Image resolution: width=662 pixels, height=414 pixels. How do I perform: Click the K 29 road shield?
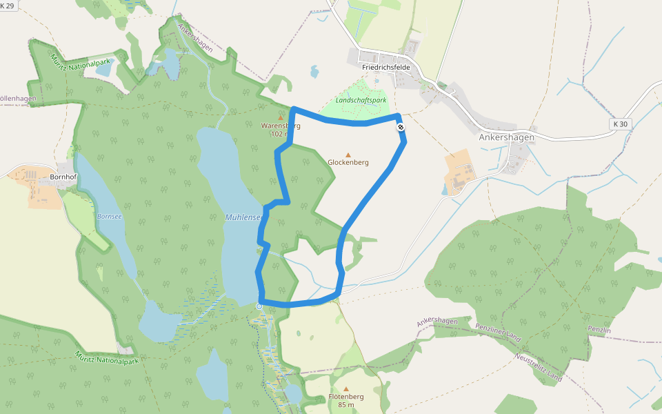tap(8, 4)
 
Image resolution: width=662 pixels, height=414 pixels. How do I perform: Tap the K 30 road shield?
tap(621, 124)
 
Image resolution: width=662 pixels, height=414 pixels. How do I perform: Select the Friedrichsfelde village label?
tap(386, 68)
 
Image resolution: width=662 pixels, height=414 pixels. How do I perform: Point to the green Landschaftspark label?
tap(361, 100)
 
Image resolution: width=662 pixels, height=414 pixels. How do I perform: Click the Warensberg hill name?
tap(281, 126)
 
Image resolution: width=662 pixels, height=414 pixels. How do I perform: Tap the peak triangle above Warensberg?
tap(281, 117)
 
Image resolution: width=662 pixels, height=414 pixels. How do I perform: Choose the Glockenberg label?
tap(348, 163)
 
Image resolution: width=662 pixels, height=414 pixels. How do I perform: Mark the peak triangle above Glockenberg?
tap(348, 155)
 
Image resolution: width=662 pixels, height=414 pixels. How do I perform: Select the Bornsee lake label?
tap(109, 217)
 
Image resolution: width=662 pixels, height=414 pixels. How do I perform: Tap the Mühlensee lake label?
tap(243, 217)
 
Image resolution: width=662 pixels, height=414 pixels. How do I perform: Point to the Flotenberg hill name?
tap(346, 397)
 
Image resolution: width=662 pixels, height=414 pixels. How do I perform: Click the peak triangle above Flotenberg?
tap(346, 388)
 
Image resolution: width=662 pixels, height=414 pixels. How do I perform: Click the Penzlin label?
tap(599, 331)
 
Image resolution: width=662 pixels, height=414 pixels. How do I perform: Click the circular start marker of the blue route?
tap(259, 306)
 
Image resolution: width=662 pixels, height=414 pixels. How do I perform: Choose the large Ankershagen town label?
tap(507, 137)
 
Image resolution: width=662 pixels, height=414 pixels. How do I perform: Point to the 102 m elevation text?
tap(281, 134)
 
